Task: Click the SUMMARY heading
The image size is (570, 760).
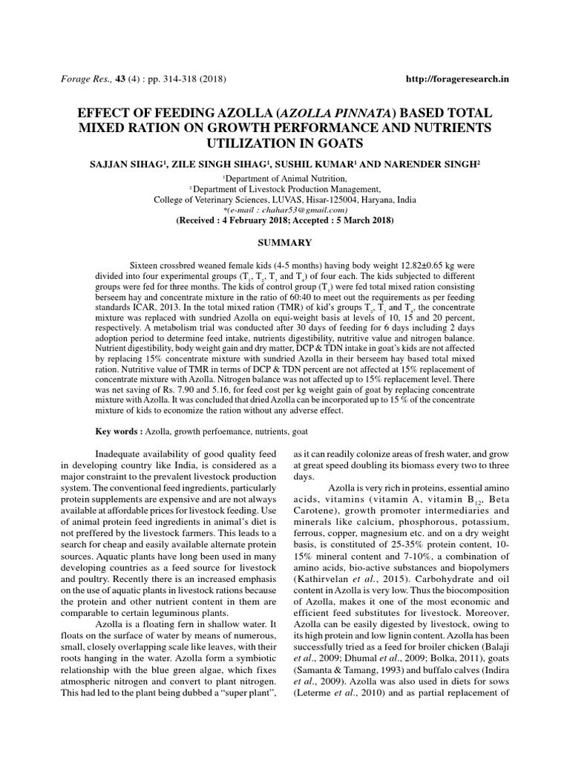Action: pos(285,243)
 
